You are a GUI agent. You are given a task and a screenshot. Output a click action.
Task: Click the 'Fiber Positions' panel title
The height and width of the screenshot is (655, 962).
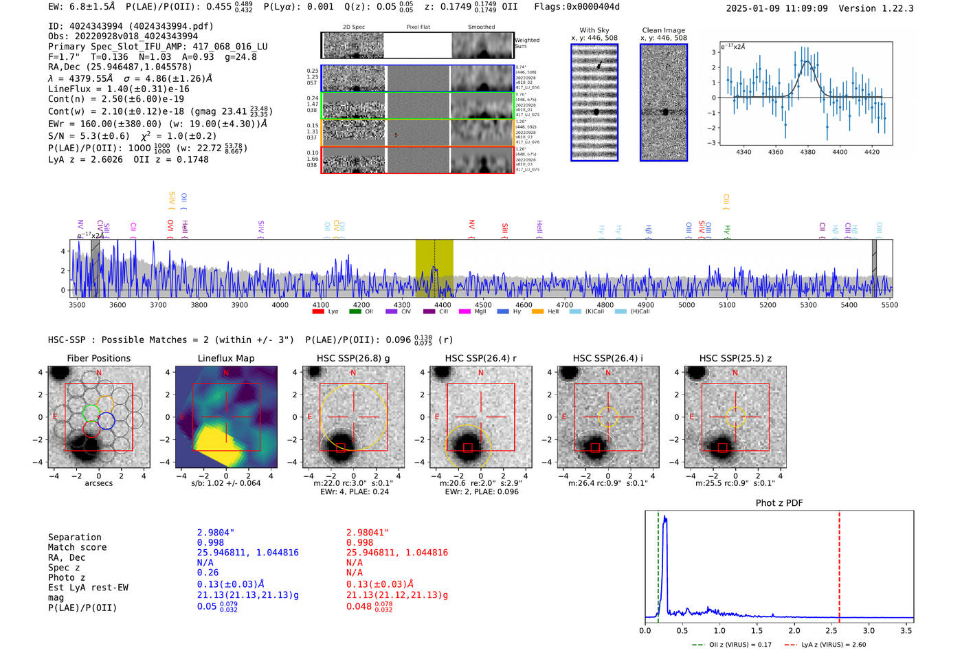click(x=98, y=358)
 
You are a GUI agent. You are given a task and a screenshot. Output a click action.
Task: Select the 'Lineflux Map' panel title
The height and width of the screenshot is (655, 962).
click(x=225, y=358)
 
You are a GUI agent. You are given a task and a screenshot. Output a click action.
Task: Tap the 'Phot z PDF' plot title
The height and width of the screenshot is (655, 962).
click(x=779, y=503)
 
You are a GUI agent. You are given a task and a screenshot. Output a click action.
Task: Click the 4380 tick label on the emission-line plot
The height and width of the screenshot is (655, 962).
click(x=807, y=152)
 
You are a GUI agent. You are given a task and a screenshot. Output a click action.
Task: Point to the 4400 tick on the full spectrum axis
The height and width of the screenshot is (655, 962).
click(x=443, y=304)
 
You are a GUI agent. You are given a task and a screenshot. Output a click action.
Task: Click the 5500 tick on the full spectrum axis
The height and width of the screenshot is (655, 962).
click(x=889, y=304)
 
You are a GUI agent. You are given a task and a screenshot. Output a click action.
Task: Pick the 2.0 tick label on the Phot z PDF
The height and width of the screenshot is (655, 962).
click(x=794, y=630)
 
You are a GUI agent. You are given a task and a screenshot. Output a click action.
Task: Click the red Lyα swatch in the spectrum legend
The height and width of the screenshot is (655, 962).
click(x=318, y=311)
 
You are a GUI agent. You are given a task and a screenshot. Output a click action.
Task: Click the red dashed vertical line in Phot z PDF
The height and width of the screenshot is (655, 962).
click(x=839, y=564)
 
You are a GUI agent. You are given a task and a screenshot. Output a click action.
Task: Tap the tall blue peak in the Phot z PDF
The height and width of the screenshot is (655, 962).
click(x=664, y=522)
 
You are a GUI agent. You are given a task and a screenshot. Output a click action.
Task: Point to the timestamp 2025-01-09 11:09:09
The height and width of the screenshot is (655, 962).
click(x=776, y=8)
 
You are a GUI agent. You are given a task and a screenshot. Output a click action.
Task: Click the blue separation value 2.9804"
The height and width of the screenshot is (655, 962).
click(x=215, y=533)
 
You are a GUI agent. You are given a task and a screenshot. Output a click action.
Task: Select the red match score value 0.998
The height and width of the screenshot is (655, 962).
click(x=359, y=542)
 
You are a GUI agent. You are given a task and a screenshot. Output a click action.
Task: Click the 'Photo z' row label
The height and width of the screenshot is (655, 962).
click(x=67, y=577)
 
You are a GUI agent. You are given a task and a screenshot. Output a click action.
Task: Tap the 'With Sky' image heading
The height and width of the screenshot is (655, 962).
click(x=594, y=30)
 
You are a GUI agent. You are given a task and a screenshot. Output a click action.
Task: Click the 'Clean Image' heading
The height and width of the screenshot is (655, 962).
click(x=663, y=30)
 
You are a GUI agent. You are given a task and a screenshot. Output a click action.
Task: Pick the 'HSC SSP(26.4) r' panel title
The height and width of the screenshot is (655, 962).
click(x=480, y=358)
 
